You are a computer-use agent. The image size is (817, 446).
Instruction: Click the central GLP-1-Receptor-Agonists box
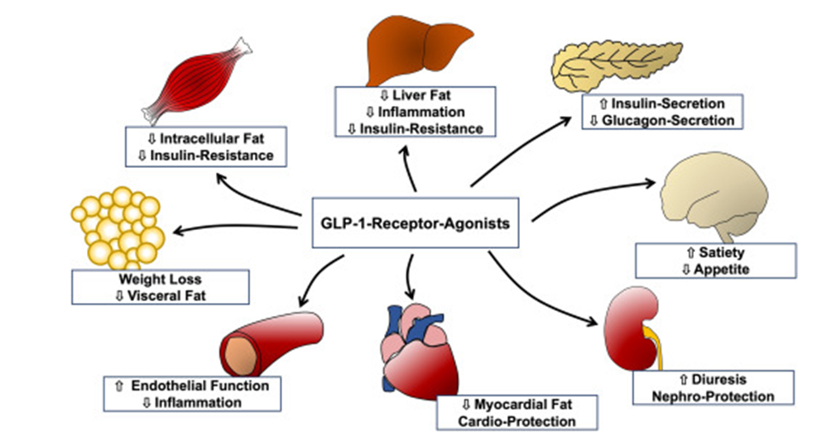click(x=415, y=223)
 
